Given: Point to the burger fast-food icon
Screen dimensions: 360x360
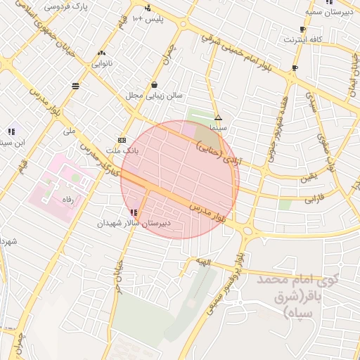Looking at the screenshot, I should (x=75, y=86).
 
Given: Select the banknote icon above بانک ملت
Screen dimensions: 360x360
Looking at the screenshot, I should (x=122, y=139).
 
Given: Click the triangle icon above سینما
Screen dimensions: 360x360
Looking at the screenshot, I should (x=218, y=117).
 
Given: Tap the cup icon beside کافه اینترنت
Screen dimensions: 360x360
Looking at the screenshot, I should (x=302, y=30).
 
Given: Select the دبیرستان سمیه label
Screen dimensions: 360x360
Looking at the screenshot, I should (x=328, y=12).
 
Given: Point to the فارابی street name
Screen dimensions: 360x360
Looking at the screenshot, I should (x=319, y=200).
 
